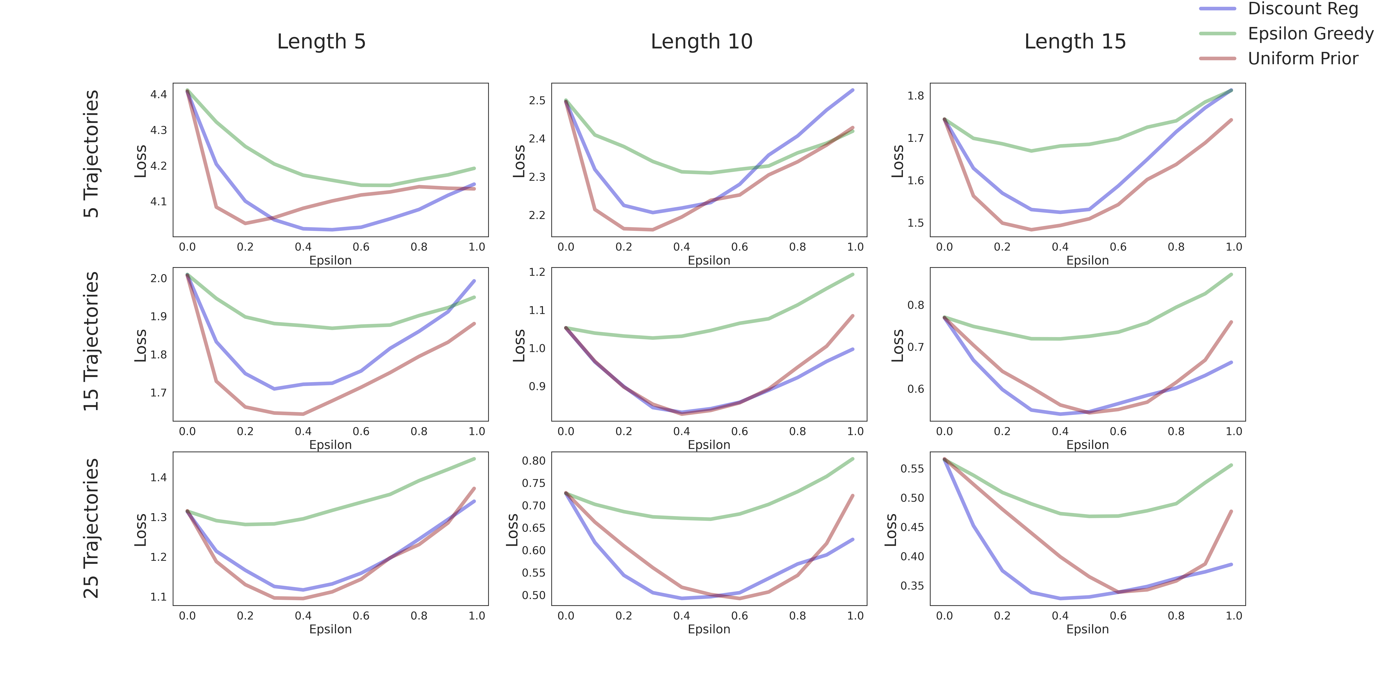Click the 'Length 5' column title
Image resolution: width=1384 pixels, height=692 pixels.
[x=321, y=41]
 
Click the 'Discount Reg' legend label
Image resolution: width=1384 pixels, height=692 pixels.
[x=1303, y=9]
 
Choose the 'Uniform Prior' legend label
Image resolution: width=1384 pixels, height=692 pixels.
[x=1303, y=59]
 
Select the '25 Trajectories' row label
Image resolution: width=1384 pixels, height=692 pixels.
[x=91, y=528]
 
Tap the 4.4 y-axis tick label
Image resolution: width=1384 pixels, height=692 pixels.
[x=158, y=95]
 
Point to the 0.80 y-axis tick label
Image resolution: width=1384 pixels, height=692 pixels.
[x=534, y=460]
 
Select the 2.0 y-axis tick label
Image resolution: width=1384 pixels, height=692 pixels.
[x=158, y=278]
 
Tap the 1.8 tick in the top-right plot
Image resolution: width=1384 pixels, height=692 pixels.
[x=915, y=96]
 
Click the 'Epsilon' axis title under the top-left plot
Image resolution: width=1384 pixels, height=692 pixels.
[x=330, y=261]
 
